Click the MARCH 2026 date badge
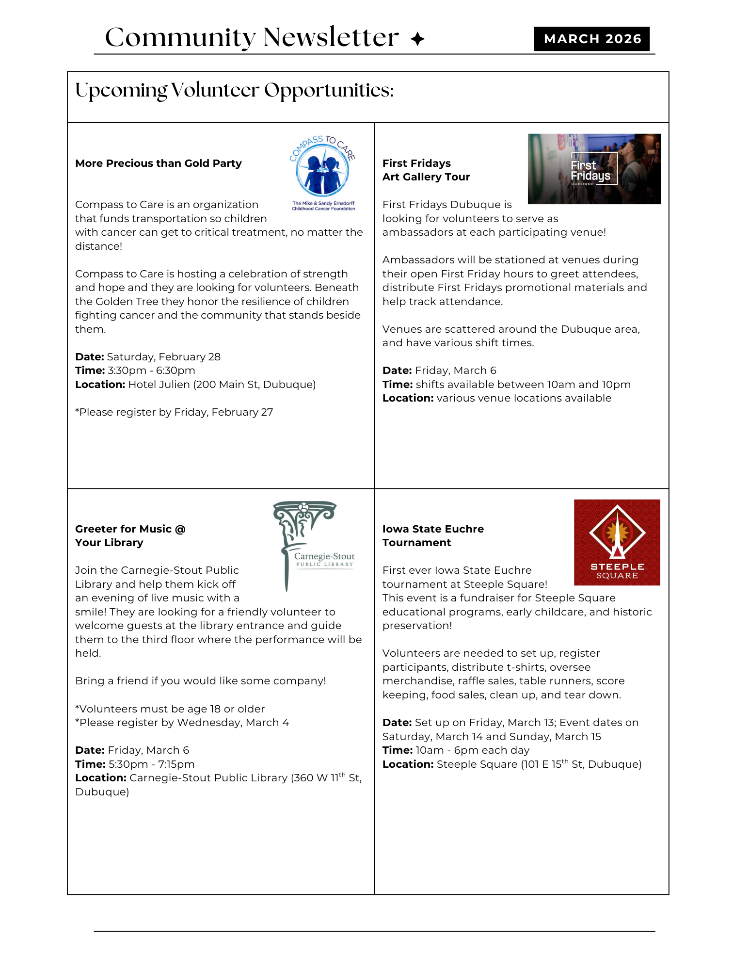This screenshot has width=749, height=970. (591, 39)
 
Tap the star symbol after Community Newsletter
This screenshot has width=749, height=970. (417, 39)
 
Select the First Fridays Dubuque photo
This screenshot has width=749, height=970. (594, 169)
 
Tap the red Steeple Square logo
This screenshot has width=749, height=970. (617, 542)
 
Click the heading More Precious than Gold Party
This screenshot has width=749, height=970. (158, 163)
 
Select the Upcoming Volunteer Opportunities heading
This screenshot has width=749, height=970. (234, 90)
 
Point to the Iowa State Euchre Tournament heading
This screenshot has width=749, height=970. (432, 535)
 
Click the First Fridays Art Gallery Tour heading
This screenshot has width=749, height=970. (426, 170)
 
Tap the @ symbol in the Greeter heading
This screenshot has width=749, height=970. (180, 529)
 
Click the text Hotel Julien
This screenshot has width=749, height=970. (159, 385)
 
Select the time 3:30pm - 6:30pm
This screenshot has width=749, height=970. (151, 371)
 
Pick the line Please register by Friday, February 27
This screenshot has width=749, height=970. (174, 412)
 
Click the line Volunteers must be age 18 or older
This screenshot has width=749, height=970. (170, 709)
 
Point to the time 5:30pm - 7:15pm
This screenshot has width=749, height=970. (151, 764)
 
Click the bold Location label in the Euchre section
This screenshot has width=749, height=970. (408, 764)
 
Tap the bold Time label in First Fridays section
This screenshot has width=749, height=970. (397, 385)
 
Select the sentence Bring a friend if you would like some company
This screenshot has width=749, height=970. (200, 681)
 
